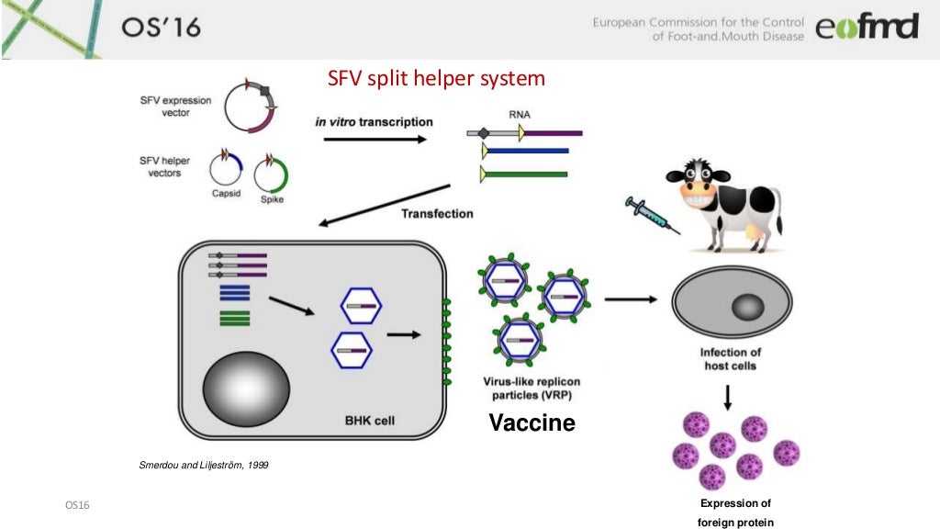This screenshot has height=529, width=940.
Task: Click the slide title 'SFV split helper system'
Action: pos(437,79)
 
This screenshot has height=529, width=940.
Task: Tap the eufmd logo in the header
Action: pos(867,28)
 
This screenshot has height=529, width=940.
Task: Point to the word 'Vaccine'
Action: pos(532,423)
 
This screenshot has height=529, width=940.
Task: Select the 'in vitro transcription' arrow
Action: pos(376,140)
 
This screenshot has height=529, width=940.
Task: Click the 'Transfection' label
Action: pos(437,214)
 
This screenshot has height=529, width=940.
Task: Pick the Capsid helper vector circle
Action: pos(226,171)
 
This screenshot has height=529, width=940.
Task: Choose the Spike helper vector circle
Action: pos(272,173)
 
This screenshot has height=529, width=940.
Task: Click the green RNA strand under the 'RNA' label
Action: pos(530,173)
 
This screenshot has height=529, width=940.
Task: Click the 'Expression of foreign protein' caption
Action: pos(735,512)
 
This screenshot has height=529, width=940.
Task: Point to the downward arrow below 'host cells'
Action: pos(728,396)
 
